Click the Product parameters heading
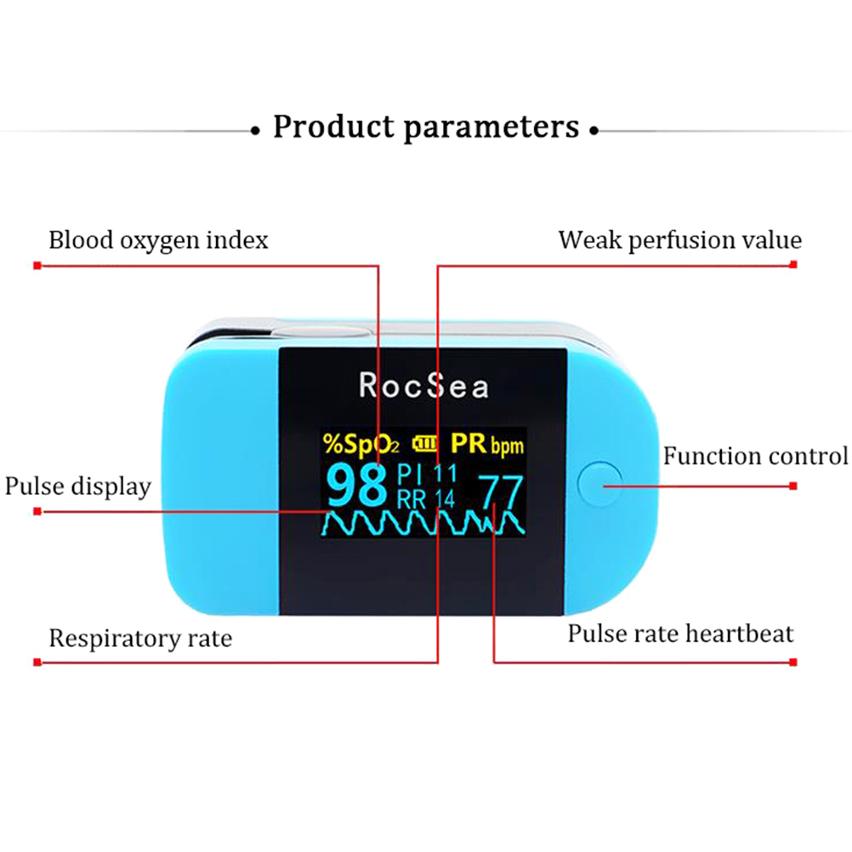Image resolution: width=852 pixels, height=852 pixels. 425,127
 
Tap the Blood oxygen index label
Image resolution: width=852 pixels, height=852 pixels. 158,241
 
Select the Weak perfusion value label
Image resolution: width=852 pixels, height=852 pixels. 679,241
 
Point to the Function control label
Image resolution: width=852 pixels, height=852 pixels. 755,457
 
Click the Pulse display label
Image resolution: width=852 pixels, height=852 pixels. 77,486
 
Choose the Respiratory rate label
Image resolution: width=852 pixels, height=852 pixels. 139,639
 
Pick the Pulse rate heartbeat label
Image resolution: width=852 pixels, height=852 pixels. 680,633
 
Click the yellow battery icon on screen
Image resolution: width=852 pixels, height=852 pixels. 426,443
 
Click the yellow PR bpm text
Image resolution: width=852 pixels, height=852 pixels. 486,443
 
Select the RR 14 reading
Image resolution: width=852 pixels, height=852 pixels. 427,498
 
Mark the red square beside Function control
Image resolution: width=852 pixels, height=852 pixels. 792,486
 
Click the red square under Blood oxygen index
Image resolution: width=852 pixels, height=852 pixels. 37,265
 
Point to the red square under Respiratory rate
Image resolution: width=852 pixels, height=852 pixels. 37,662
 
